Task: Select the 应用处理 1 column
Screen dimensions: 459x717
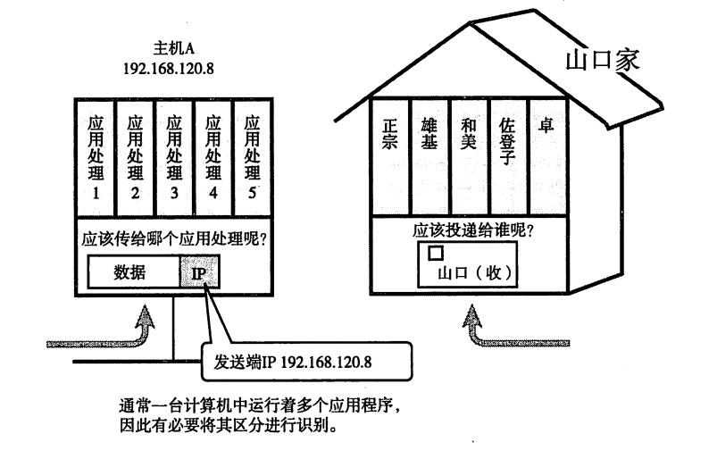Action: pyautogui.click(x=96, y=160)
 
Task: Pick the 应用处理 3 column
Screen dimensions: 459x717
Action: pyautogui.click(x=173, y=160)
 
